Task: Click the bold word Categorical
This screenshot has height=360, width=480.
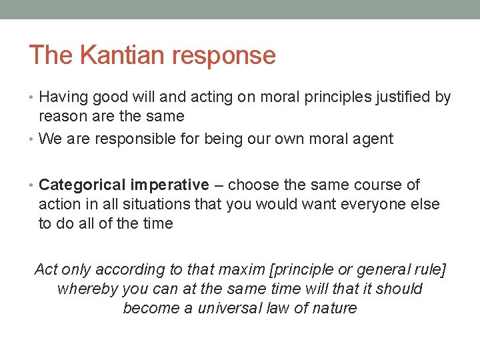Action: pos(83,185)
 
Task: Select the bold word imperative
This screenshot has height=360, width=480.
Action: pos(169,185)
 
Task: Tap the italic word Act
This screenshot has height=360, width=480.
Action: pos(46,269)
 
